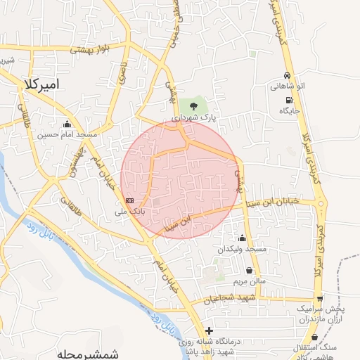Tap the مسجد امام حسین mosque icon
67,124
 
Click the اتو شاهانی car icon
287,76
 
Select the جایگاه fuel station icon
289,101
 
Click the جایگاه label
289,111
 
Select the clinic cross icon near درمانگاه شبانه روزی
208,330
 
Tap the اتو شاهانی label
287,86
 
